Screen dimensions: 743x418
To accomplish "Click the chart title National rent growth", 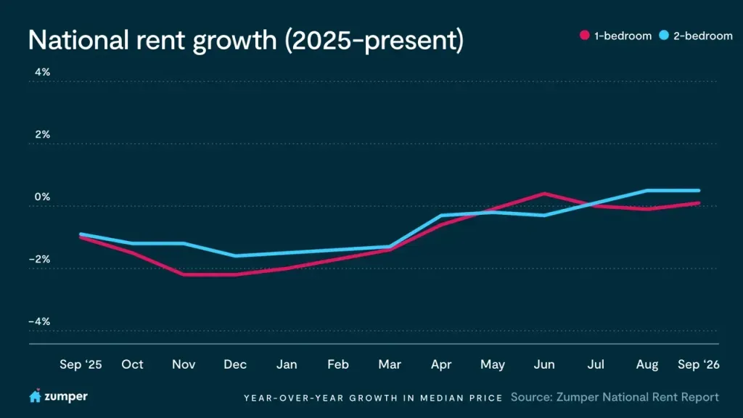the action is [x=246, y=41].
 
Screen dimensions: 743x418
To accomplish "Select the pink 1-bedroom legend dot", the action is [x=585, y=35].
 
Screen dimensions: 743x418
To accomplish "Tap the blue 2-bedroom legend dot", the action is [x=664, y=35].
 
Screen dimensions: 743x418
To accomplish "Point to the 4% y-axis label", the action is [x=42, y=72].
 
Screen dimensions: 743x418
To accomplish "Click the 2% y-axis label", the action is [x=42, y=134].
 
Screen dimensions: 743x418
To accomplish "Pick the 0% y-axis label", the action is [x=42, y=197].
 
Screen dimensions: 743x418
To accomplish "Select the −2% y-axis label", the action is [x=39, y=259].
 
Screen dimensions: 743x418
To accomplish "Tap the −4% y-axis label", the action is [x=39, y=321].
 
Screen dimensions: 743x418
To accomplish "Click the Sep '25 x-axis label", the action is [x=81, y=364].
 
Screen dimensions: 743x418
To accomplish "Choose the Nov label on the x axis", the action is [x=184, y=364].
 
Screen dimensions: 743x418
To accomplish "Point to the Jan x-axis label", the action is [x=287, y=364].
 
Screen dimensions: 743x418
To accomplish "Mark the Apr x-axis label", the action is [x=441, y=364].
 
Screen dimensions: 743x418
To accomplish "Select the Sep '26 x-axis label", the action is [x=699, y=364].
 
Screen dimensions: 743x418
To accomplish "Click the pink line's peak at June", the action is [x=544, y=193].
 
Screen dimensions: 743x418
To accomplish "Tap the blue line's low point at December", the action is [x=235, y=256].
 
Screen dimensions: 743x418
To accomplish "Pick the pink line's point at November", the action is [x=184, y=274].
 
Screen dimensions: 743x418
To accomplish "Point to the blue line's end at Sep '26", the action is [x=699, y=191].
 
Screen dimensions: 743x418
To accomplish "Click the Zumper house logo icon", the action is [x=35, y=396].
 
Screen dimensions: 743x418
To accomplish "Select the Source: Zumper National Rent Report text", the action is [x=615, y=397].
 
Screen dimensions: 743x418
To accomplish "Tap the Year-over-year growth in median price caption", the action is [x=374, y=398].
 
